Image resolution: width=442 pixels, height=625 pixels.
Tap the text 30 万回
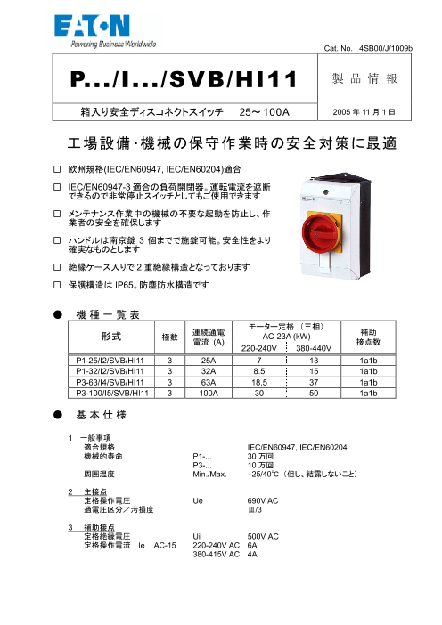(x=260, y=455)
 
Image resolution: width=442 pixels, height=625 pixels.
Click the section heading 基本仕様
(x=100, y=415)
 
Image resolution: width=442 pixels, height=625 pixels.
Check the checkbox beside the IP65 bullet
(x=57, y=285)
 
